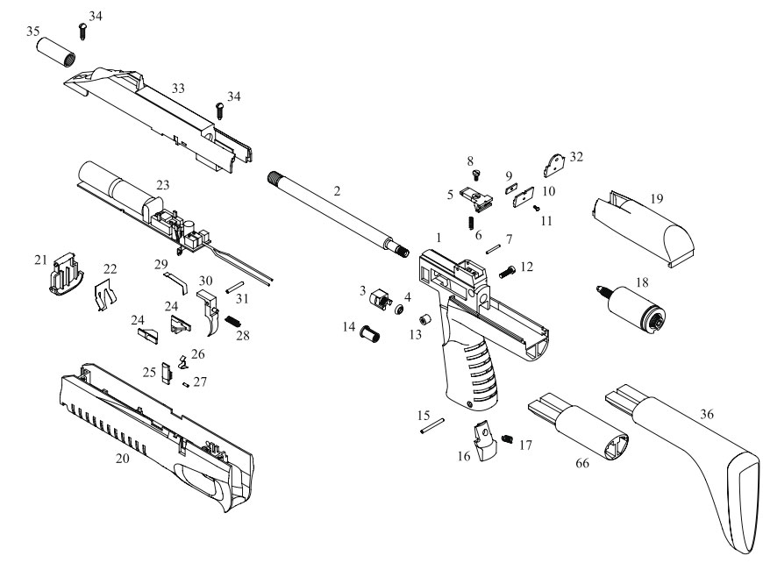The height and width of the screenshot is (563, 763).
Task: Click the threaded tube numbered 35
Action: (56, 52)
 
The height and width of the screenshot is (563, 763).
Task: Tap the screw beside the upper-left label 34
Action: (82, 32)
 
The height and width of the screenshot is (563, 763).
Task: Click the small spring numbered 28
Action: (232, 322)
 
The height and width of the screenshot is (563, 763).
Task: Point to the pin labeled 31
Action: (234, 287)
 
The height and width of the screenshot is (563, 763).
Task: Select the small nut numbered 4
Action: (399, 310)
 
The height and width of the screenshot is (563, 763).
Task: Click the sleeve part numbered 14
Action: (369, 335)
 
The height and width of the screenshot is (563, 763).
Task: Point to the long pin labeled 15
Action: (432, 425)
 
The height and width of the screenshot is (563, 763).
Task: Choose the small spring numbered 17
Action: (508, 439)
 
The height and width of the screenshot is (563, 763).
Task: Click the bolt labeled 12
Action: (507, 272)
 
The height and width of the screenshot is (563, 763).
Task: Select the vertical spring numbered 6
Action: (472, 224)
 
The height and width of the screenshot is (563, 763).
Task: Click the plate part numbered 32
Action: (554, 166)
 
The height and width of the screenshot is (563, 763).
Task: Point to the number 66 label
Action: (582, 463)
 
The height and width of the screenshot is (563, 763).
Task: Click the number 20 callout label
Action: (123, 458)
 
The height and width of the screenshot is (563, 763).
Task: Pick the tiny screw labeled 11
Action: (536, 208)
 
